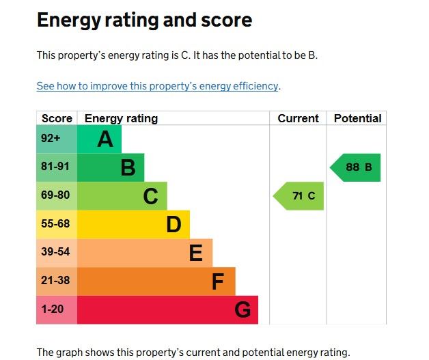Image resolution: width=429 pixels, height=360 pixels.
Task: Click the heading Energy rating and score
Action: click(144, 20)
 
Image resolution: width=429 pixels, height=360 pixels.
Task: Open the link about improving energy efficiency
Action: click(158, 86)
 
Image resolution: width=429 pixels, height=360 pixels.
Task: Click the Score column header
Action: click(57, 118)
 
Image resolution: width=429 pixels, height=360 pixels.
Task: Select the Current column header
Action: click(298, 118)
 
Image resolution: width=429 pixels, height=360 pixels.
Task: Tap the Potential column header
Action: click(357, 118)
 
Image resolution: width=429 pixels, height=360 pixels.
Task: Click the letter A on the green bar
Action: click(105, 139)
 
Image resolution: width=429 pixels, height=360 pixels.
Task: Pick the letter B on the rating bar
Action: click(128, 167)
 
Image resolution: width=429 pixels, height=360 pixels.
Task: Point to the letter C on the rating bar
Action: click(150, 197)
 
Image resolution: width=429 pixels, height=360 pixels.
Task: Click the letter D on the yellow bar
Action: click(174, 225)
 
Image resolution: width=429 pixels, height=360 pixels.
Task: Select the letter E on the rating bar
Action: click(196, 253)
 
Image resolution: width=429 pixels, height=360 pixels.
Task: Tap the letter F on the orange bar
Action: click(218, 281)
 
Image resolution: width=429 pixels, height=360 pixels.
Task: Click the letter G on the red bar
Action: click(243, 310)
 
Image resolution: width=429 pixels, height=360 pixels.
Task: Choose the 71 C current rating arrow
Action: click(299, 196)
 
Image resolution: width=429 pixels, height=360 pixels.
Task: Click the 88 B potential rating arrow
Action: click(356, 167)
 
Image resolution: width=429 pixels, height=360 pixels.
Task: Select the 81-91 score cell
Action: click(56, 167)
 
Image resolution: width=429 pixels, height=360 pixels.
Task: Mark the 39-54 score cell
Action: click(56, 253)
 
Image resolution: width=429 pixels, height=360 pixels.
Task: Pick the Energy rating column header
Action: click(121, 118)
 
